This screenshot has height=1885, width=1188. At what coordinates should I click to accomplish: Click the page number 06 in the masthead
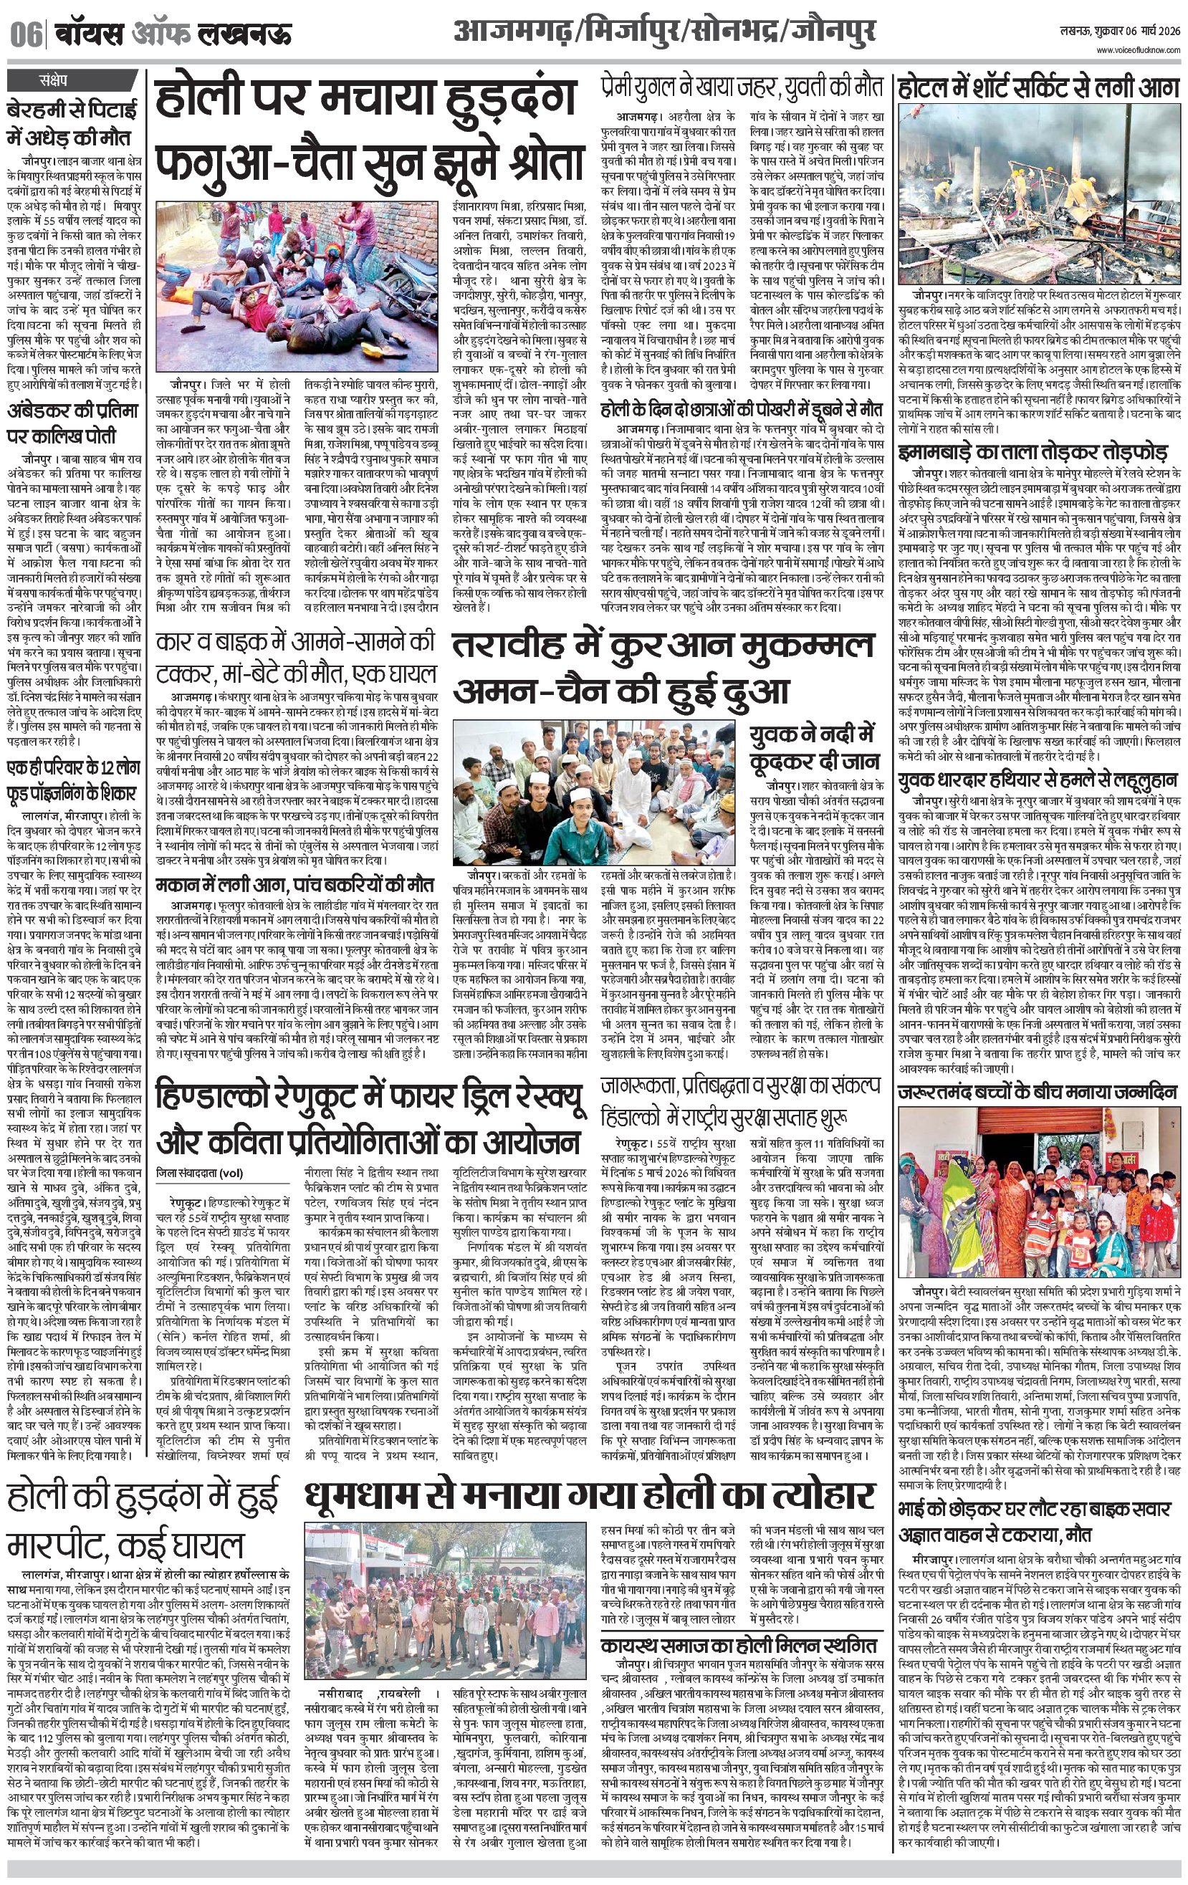point(25,35)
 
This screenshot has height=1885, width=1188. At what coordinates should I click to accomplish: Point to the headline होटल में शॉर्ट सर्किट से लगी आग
point(1038,87)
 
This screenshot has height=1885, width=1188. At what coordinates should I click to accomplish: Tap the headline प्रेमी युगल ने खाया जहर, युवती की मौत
point(742,86)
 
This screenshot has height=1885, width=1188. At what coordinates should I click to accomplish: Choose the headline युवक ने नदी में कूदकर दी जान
point(815,747)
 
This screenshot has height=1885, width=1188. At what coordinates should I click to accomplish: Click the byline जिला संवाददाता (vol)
point(199,1172)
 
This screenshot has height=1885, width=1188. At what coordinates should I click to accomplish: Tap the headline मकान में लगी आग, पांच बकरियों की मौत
point(294,886)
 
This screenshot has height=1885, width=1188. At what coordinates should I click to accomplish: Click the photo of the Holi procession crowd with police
point(445,1583)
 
